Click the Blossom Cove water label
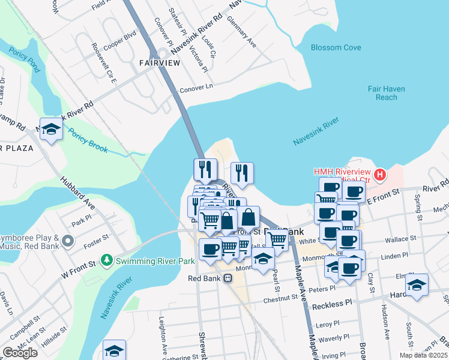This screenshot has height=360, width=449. click(336, 48)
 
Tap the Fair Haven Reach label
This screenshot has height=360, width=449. click(387, 93)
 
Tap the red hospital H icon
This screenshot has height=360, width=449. click(379, 175)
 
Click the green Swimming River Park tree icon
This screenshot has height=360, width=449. click(107, 260)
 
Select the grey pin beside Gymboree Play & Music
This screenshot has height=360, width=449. click(68, 242)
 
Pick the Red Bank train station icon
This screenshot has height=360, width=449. click(228, 278)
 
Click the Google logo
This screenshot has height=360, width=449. click(20, 352)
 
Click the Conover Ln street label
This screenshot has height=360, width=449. click(196, 89)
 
